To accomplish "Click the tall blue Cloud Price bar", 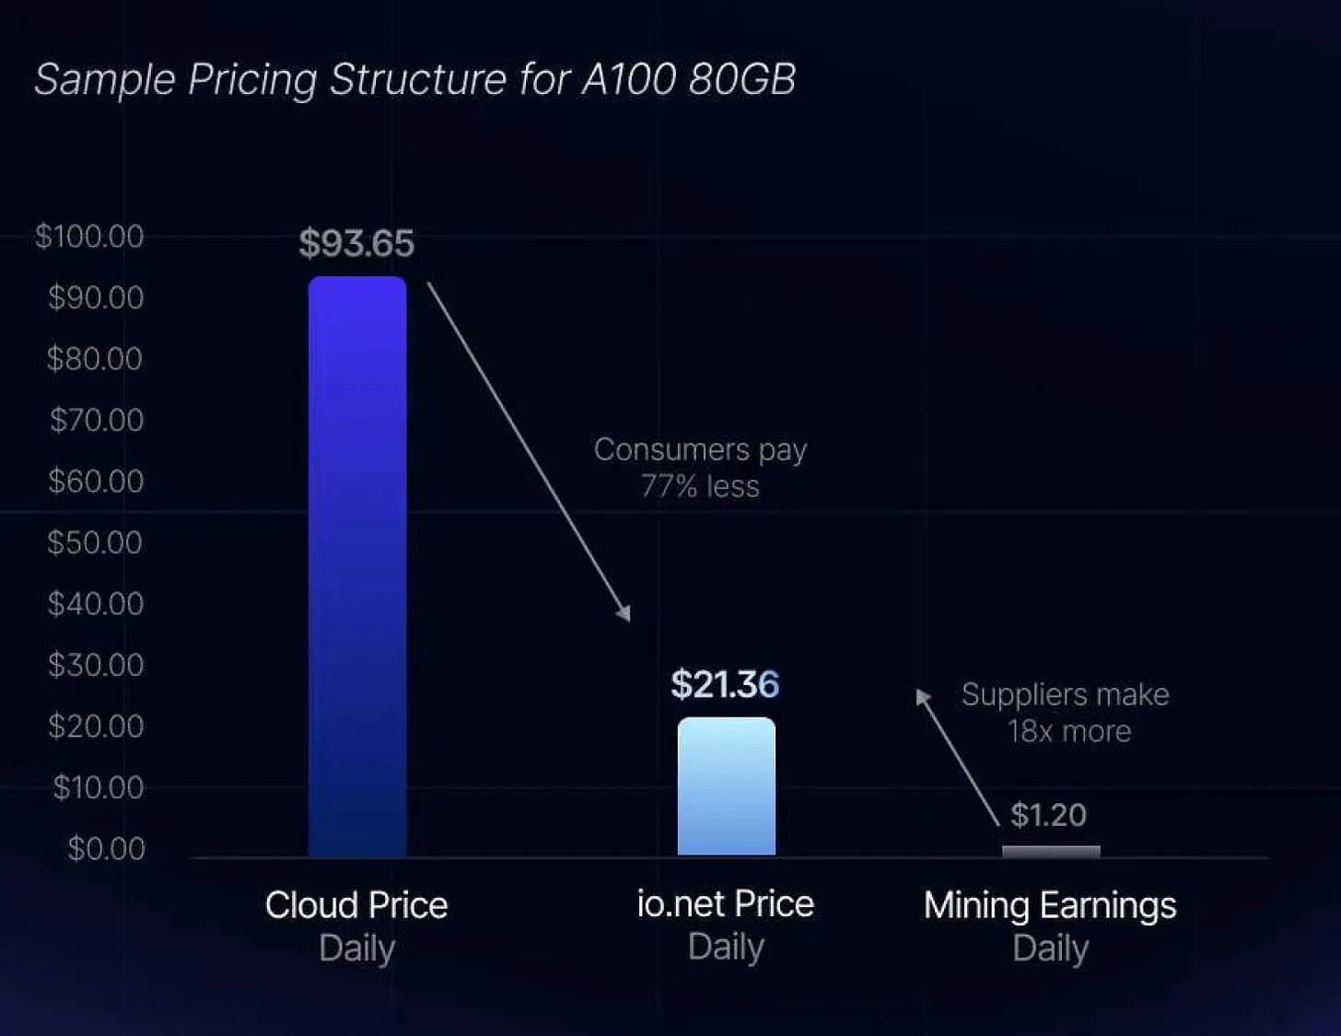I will click(357, 566).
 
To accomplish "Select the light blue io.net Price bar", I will click(727, 786).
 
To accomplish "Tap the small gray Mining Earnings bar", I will click(1051, 852).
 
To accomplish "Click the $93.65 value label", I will click(356, 244).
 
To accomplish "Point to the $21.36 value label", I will click(725, 685).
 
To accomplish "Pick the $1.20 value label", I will click(1048, 815).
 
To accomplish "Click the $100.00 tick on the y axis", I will click(89, 237).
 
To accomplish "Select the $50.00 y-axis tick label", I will click(95, 542).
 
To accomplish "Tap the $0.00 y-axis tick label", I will click(106, 848).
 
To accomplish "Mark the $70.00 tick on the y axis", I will click(97, 420).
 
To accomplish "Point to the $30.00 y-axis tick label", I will click(96, 665).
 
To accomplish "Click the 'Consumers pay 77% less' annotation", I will click(700, 468).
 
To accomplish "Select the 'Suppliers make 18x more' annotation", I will click(1066, 713).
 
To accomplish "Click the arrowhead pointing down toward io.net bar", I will click(625, 612).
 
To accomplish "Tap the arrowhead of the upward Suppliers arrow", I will click(922, 696).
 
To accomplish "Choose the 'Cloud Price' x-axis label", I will click(356, 905).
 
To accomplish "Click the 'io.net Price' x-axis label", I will click(726, 904).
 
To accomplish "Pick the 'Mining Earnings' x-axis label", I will click(1050, 905).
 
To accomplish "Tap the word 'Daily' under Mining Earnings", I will click(1050, 949).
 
